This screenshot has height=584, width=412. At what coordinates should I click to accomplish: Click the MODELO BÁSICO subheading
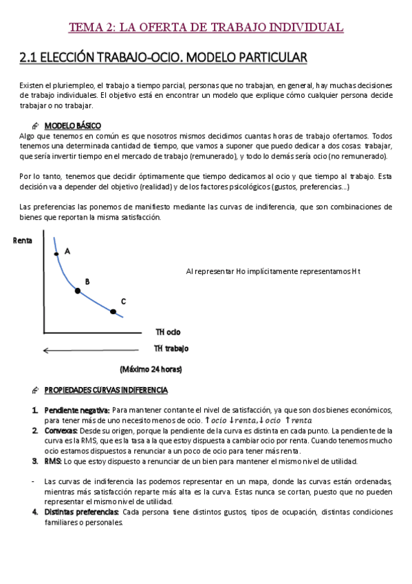[72, 125]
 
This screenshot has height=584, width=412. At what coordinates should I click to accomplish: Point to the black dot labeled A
[57, 253]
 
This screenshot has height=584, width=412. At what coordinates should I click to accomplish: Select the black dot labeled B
[78, 291]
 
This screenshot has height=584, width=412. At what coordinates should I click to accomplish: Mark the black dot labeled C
[113, 312]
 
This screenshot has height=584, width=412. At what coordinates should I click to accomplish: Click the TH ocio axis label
[168, 331]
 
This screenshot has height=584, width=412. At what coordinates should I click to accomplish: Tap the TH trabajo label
[171, 348]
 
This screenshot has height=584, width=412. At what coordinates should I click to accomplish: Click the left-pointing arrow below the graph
[89, 351]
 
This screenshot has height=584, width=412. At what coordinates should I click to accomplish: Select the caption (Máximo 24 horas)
[151, 369]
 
